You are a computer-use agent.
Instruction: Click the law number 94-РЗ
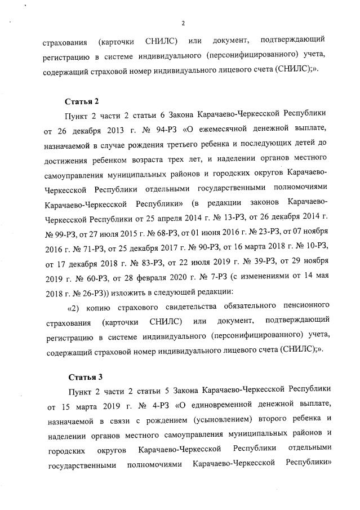(155, 130)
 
